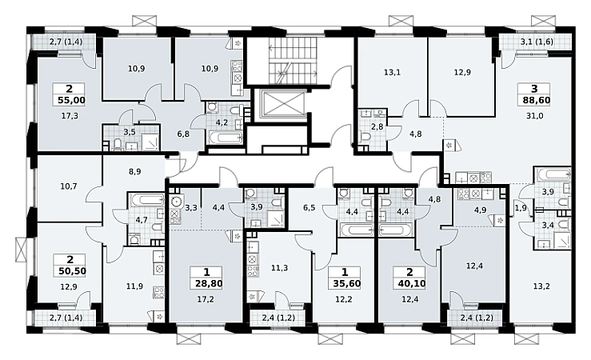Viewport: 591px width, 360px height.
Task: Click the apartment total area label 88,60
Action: [x=537, y=101]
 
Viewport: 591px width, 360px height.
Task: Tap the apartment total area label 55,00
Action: [x=72, y=100]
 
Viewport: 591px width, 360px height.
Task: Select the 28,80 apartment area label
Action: [x=209, y=283]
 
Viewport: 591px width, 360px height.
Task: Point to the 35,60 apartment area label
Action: [x=347, y=283]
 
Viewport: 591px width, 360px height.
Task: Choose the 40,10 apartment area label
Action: [x=412, y=283]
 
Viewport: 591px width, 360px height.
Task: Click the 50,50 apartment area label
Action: [x=72, y=271]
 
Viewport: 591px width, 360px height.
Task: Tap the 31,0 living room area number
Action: [x=534, y=116]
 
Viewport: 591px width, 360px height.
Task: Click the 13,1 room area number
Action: [x=392, y=72]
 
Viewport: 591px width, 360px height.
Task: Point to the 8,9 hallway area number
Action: [x=134, y=171]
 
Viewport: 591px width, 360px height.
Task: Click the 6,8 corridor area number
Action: [x=183, y=134]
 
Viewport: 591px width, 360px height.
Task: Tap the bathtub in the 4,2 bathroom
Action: [x=225, y=137]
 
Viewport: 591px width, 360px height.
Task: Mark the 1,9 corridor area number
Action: [x=521, y=207]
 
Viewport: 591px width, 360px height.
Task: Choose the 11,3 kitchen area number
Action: [x=280, y=268]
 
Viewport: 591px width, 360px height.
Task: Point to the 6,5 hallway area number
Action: [x=309, y=207]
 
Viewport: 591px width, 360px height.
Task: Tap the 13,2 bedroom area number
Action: [x=541, y=286]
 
